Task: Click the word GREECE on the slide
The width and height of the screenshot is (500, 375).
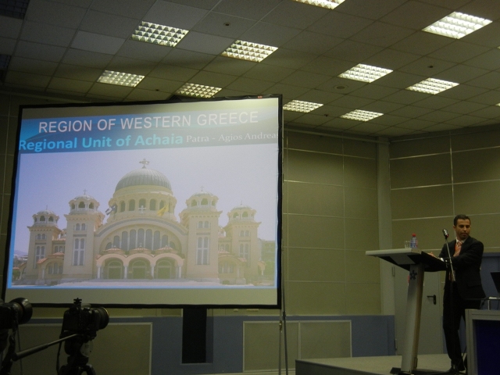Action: (x=227, y=118)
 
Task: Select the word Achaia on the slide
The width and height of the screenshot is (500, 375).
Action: (x=159, y=141)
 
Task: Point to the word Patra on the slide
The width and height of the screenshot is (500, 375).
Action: (x=196, y=139)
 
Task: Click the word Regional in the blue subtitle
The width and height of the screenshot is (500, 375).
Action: (x=48, y=144)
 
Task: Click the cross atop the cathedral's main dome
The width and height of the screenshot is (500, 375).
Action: (x=144, y=163)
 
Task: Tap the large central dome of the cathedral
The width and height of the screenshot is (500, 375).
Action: (x=143, y=180)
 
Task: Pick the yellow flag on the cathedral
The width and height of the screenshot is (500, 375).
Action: (x=163, y=210)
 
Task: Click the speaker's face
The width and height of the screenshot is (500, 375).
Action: (x=462, y=227)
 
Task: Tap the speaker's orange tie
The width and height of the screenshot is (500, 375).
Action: (x=459, y=248)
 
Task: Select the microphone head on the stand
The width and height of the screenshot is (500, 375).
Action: (x=445, y=233)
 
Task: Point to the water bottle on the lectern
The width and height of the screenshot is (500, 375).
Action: (x=413, y=241)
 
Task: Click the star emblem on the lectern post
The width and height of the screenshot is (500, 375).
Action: (x=412, y=274)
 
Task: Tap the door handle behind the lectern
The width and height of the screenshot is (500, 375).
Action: (x=432, y=299)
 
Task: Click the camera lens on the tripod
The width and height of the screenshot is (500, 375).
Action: (x=100, y=318)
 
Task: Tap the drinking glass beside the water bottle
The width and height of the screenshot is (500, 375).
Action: (x=407, y=245)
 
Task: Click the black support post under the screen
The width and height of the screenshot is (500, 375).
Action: (x=195, y=335)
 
